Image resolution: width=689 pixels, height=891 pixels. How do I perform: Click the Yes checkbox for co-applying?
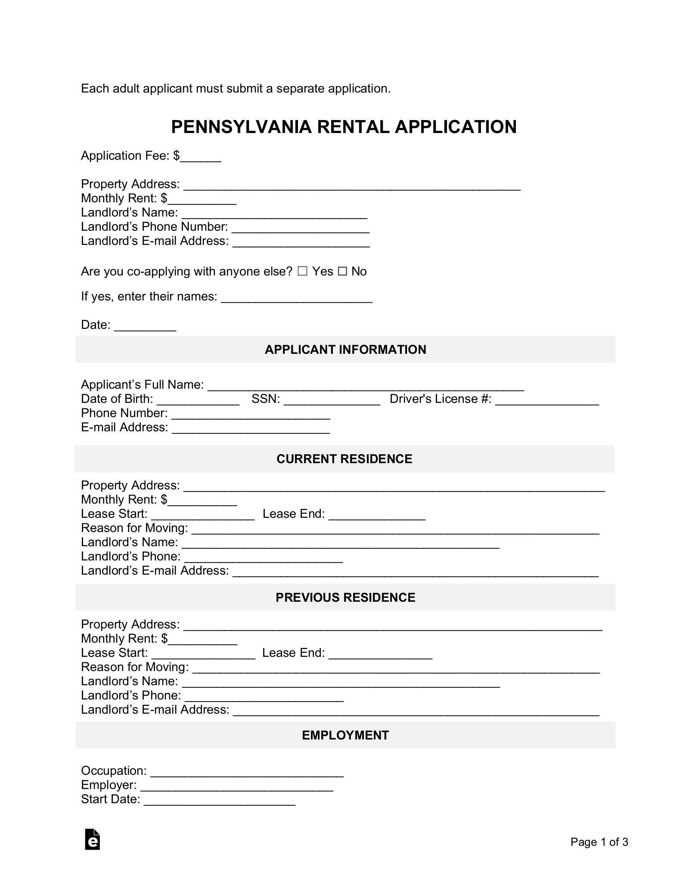point(302,271)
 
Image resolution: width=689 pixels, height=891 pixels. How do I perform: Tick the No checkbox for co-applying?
point(342,271)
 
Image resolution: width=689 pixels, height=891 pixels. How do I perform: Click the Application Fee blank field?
point(201,157)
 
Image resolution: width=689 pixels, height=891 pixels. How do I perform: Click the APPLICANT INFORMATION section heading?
point(345,350)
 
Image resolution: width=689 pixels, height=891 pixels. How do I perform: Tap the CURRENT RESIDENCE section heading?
point(344,459)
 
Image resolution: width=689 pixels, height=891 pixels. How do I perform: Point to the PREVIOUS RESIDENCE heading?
point(345,597)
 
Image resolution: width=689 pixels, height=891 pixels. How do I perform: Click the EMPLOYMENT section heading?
point(345,735)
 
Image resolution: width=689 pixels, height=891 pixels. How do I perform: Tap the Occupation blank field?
point(247,772)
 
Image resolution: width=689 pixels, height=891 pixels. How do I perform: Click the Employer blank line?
point(237,786)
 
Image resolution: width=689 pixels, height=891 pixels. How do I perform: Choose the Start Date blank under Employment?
point(220,800)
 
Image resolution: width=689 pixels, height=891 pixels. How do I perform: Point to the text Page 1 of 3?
point(599,841)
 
